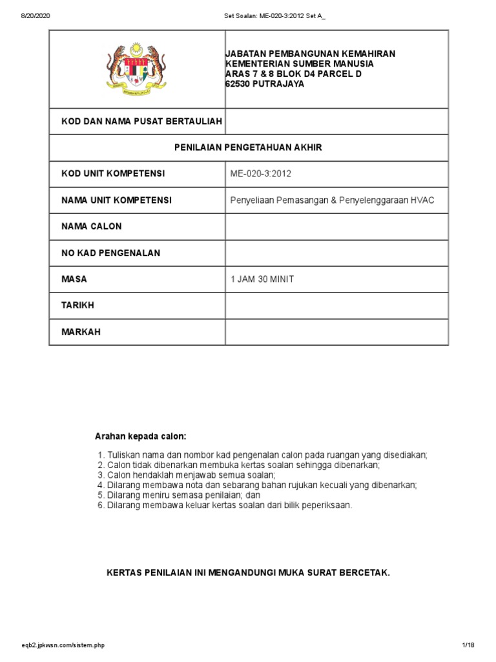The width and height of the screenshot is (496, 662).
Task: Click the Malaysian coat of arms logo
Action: point(136,69)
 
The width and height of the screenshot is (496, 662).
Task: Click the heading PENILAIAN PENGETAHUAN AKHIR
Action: point(248,147)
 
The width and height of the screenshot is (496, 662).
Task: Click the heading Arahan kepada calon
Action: point(140,436)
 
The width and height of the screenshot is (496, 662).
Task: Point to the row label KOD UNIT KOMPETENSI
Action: point(113,174)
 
